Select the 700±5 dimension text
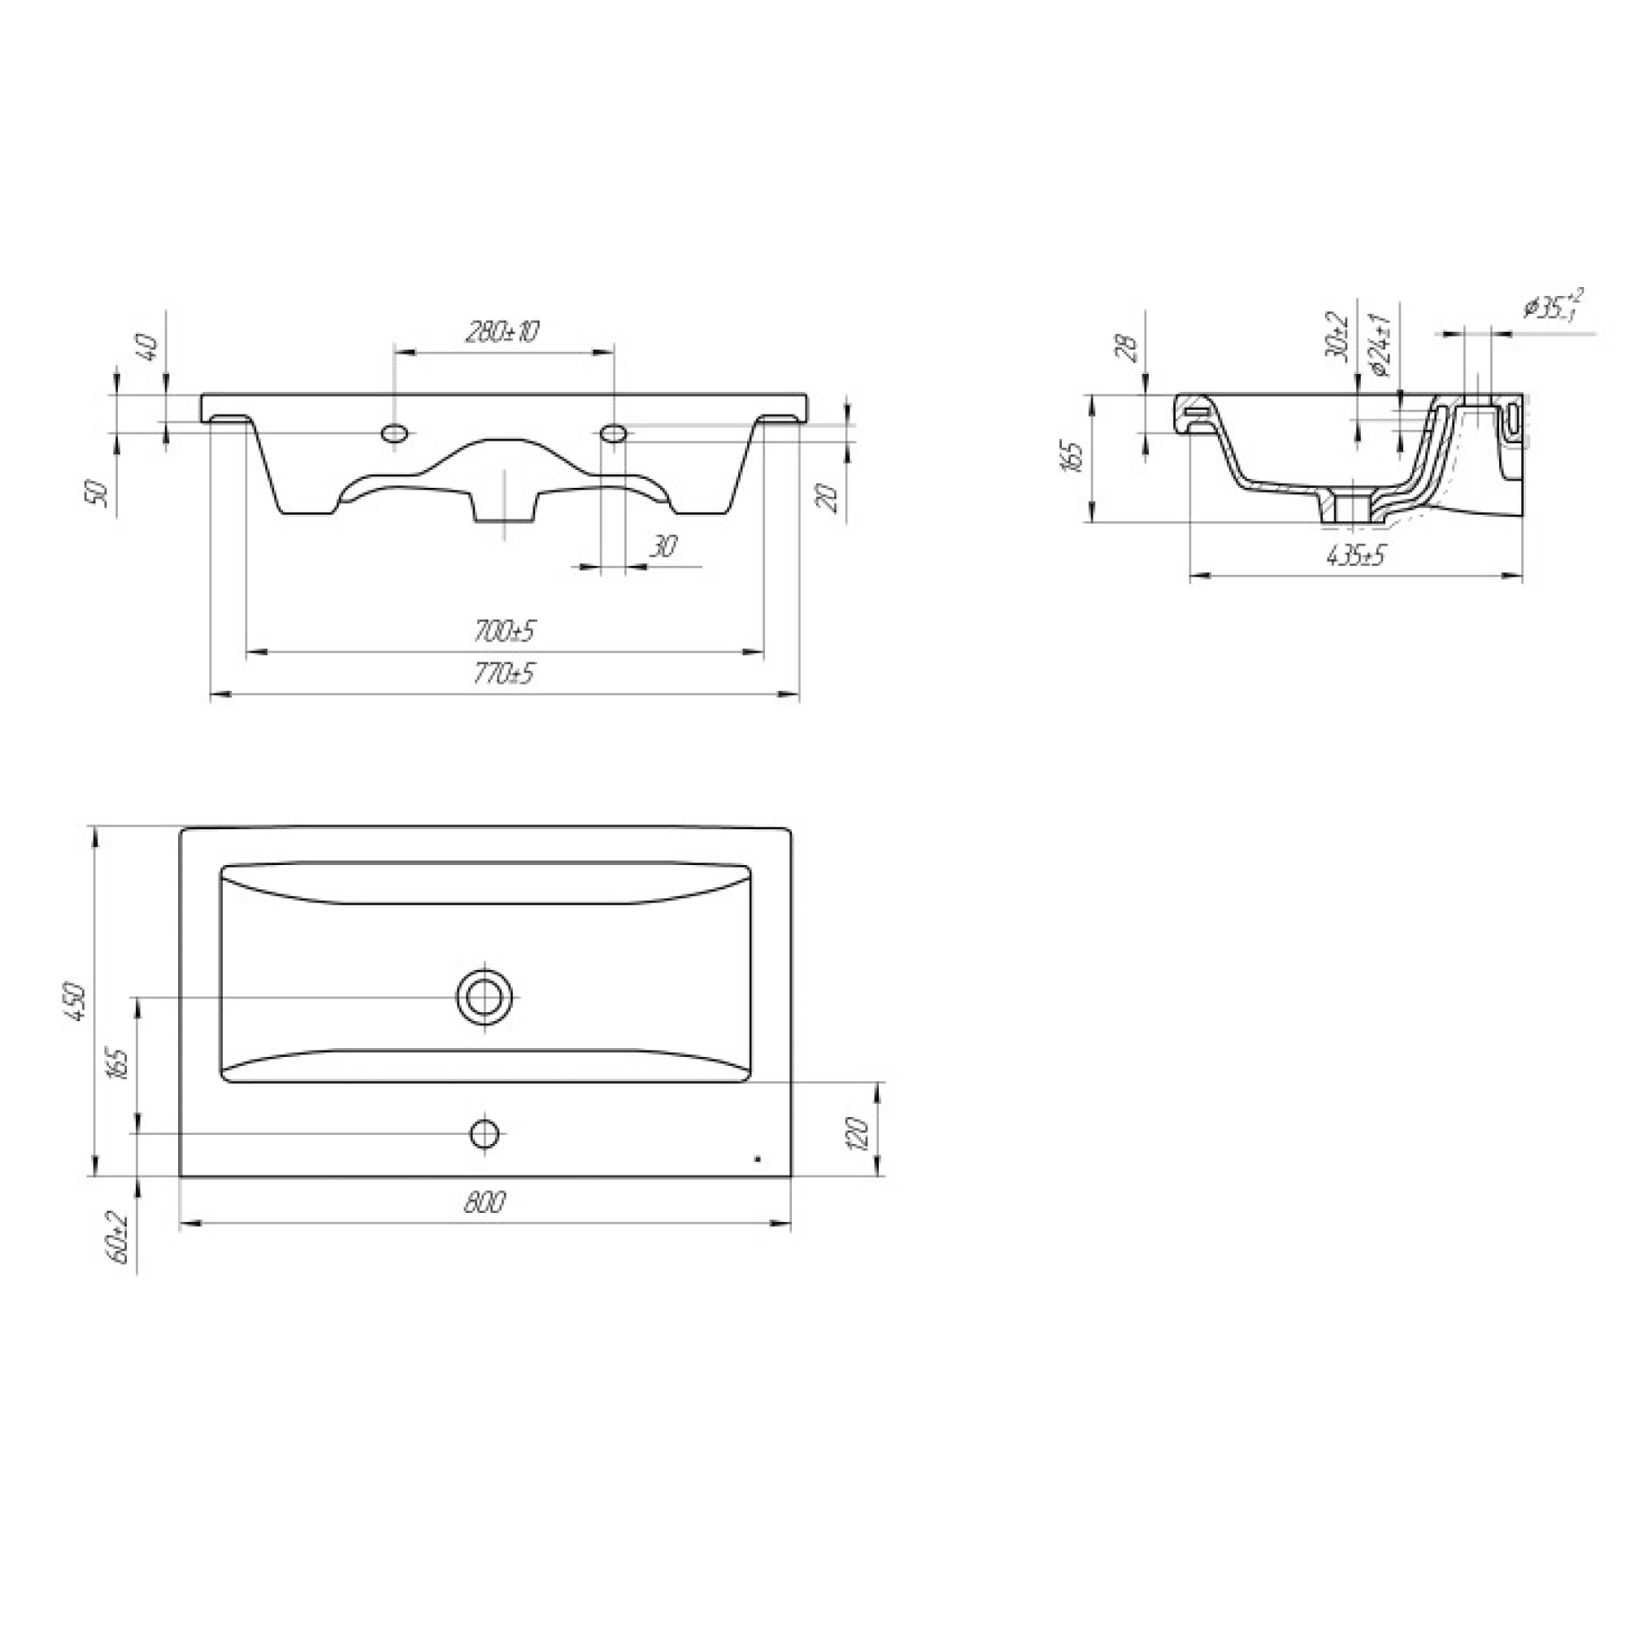point(504,630)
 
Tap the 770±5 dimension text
point(504,673)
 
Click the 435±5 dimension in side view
point(1355,555)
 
